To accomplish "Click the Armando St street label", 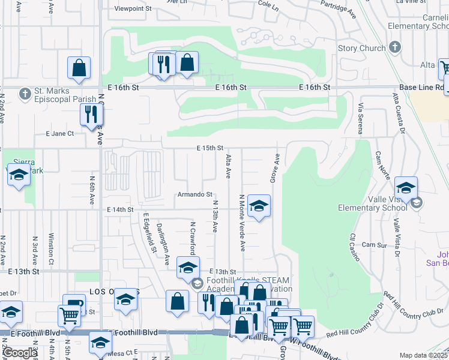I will [194, 194].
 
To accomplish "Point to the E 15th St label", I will [209, 148].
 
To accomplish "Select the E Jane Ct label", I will [59, 134].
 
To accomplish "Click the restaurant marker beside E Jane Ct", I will [91, 113].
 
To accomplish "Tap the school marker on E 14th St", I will [259, 206].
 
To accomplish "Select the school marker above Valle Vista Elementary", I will [406, 188].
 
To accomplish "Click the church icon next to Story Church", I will [395, 47].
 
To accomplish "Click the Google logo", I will [20, 353].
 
